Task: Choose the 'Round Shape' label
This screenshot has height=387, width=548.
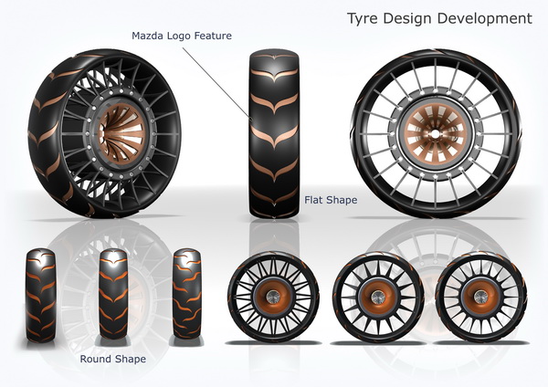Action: click(112, 359)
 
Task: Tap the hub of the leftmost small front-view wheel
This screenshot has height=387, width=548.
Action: click(273, 296)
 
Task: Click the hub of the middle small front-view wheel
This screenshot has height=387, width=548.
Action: click(377, 296)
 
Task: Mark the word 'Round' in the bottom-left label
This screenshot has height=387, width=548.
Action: click(96, 359)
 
